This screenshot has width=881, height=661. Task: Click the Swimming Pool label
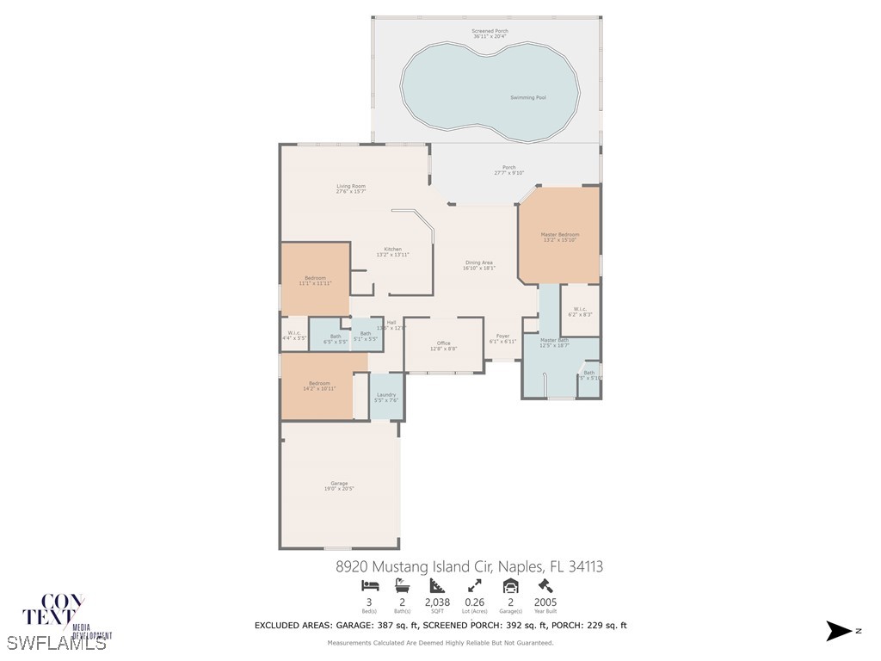click(x=529, y=97)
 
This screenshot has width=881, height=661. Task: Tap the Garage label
click(x=339, y=485)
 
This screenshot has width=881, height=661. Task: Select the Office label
click(x=443, y=345)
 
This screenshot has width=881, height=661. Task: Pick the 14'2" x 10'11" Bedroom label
click(x=318, y=385)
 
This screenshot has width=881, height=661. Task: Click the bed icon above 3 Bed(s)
click(x=368, y=586)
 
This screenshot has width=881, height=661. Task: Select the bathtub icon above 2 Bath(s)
click(x=402, y=586)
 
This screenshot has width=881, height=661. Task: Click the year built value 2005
click(x=545, y=602)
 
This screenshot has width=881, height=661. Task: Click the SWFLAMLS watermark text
click(x=57, y=643)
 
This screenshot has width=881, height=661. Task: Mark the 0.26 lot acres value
click(x=474, y=602)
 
